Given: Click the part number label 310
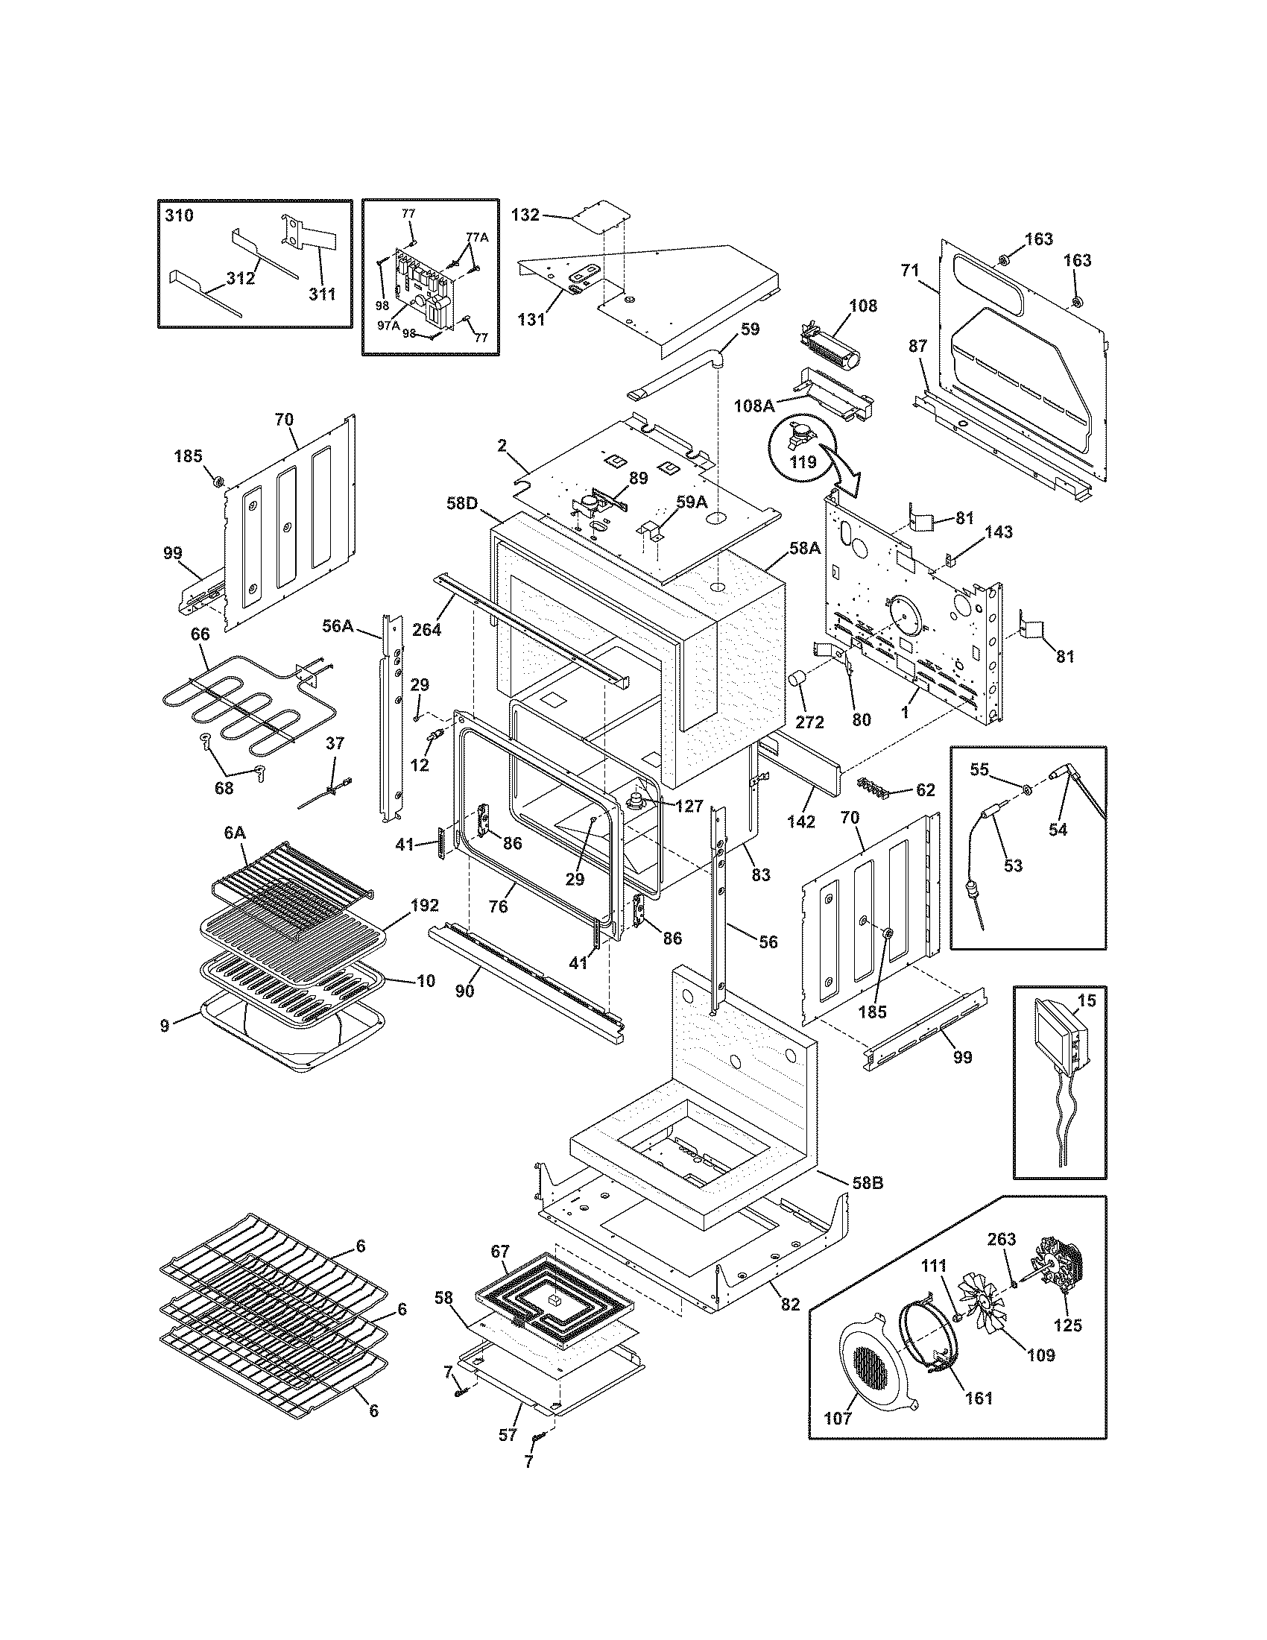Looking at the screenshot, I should tap(179, 216).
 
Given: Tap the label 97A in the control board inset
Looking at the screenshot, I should tap(388, 325).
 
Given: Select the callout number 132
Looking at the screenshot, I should tap(525, 215).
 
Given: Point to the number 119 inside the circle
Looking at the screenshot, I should tap(803, 463).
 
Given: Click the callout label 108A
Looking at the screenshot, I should tap(753, 406).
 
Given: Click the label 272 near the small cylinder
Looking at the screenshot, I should tap(809, 722).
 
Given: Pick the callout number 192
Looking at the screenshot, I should tap(424, 905).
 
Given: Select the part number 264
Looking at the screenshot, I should tap(427, 629).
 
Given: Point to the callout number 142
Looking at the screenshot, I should tap(801, 821).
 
